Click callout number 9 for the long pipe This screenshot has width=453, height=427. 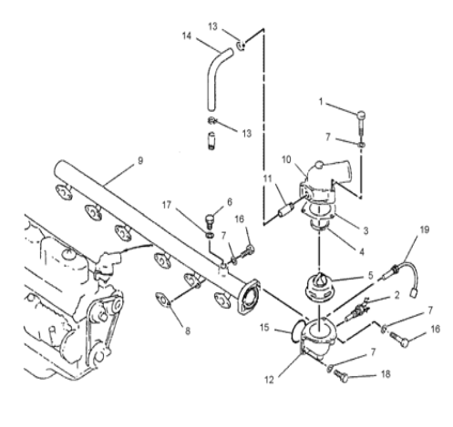tap(140, 160)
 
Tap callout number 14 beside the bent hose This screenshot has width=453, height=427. tap(187, 36)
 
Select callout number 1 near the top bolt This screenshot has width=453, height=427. tap(321, 102)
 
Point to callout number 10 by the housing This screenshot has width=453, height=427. tap(286, 159)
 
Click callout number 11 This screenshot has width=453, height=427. tap(267, 178)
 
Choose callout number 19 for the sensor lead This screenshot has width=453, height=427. tap(425, 229)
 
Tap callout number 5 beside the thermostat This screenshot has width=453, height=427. tap(370, 275)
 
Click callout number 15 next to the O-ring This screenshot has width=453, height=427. tap(264, 328)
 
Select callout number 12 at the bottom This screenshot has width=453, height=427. tap(269, 380)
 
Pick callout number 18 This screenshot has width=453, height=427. tap(386, 374)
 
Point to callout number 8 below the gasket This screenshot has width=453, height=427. tap(188, 330)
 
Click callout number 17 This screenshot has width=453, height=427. tap(167, 205)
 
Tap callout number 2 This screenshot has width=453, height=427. tap(396, 295)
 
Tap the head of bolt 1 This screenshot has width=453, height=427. tap(361, 115)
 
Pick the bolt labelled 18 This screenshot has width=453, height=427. tap(341, 376)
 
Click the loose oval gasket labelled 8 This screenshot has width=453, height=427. tap(163, 300)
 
